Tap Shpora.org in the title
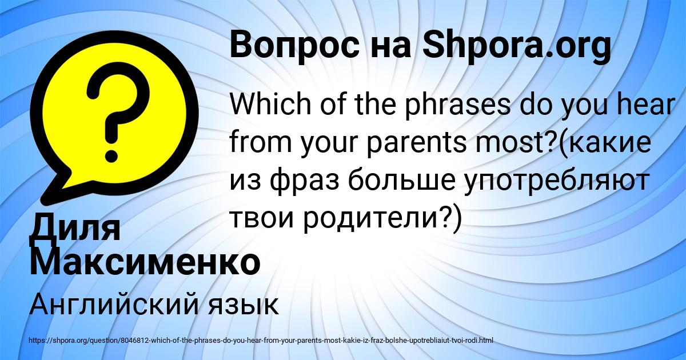coord(516,46)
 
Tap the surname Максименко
coord(144,263)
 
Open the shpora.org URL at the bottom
coord(260,341)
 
